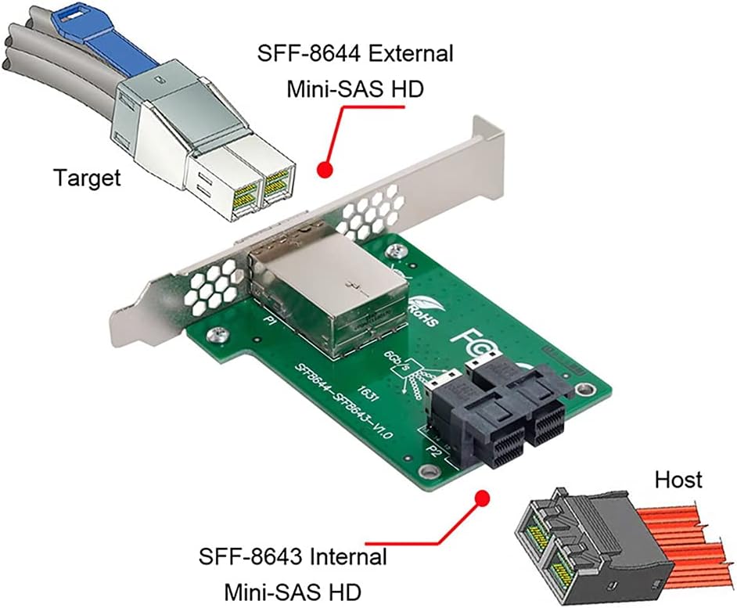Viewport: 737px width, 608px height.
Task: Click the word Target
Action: pyautogui.click(x=87, y=178)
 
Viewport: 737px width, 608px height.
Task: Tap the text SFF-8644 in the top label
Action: pyautogui.click(x=301, y=56)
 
